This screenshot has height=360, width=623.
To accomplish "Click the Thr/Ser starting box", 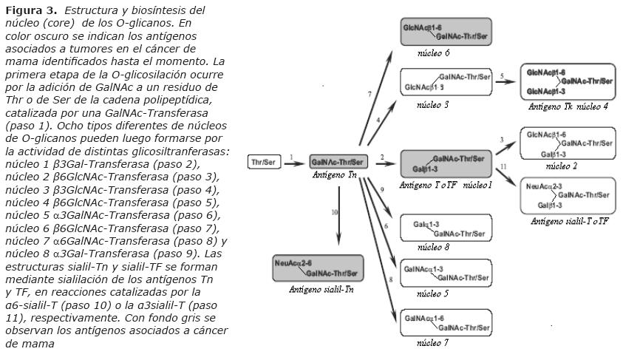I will [264, 162].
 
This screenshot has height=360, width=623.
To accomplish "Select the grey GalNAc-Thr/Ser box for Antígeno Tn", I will [338, 162].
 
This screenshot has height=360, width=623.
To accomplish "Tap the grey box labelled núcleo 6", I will [446, 32].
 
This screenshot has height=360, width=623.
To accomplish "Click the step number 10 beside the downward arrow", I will [334, 211].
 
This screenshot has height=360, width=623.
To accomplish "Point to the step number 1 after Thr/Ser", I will [292, 157].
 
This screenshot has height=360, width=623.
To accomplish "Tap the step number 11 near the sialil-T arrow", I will [503, 168].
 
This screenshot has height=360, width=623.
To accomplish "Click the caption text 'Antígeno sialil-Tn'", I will [321, 290].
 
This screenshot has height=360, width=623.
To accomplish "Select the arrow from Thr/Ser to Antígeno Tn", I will [293, 163].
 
